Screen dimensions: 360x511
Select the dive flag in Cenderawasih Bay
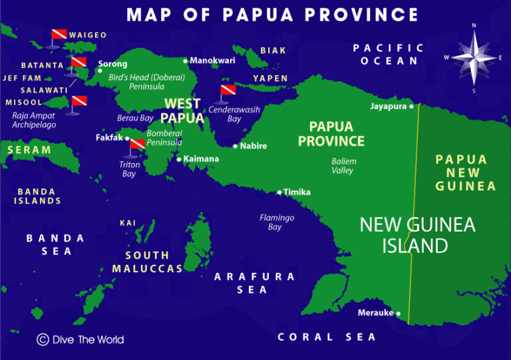[x=229, y=91]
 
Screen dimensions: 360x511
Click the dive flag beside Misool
[x=79, y=102]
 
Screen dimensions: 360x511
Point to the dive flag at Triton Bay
[x=137, y=144]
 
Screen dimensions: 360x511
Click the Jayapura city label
[x=389, y=106]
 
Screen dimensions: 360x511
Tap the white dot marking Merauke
[x=399, y=313]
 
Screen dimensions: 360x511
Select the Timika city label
[x=297, y=192]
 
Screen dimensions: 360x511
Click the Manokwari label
[x=212, y=61]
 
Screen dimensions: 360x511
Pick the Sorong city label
[x=112, y=65]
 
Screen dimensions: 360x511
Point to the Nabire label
[x=254, y=146]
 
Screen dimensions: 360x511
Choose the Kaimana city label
[x=201, y=159]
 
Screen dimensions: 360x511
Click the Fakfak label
[x=110, y=138]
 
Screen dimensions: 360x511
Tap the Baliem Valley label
[x=343, y=166]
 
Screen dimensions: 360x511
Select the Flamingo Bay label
[x=277, y=222]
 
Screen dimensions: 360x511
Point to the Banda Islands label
[x=39, y=196]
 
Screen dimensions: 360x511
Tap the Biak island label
[x=273, y=51]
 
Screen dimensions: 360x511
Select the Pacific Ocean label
[x=389, y=54]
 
